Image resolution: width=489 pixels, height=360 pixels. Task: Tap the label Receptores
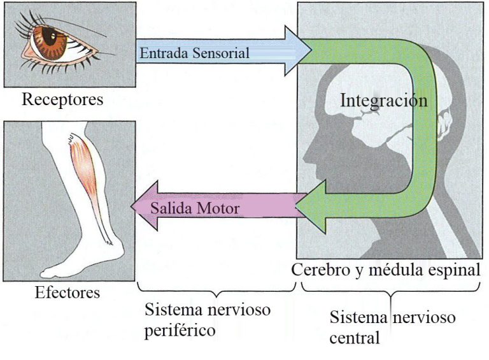click(62, 99)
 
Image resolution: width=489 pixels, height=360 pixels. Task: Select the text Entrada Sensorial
click(194, 53)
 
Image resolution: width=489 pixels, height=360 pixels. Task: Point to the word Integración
click(383, 100)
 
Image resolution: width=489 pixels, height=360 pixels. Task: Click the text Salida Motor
click(195, 209)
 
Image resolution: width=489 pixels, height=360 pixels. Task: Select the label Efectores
click(68, 293)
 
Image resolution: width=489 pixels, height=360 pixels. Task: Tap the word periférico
click(179, 331)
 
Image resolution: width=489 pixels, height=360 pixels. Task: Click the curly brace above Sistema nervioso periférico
click(216, 291)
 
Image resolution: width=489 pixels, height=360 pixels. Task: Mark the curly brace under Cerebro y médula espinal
click(389, 290)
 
